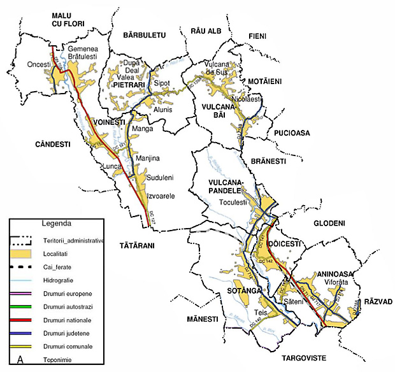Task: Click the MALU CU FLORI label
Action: [x=69, y=18]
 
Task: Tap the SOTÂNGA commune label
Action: [x=243, y=290]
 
